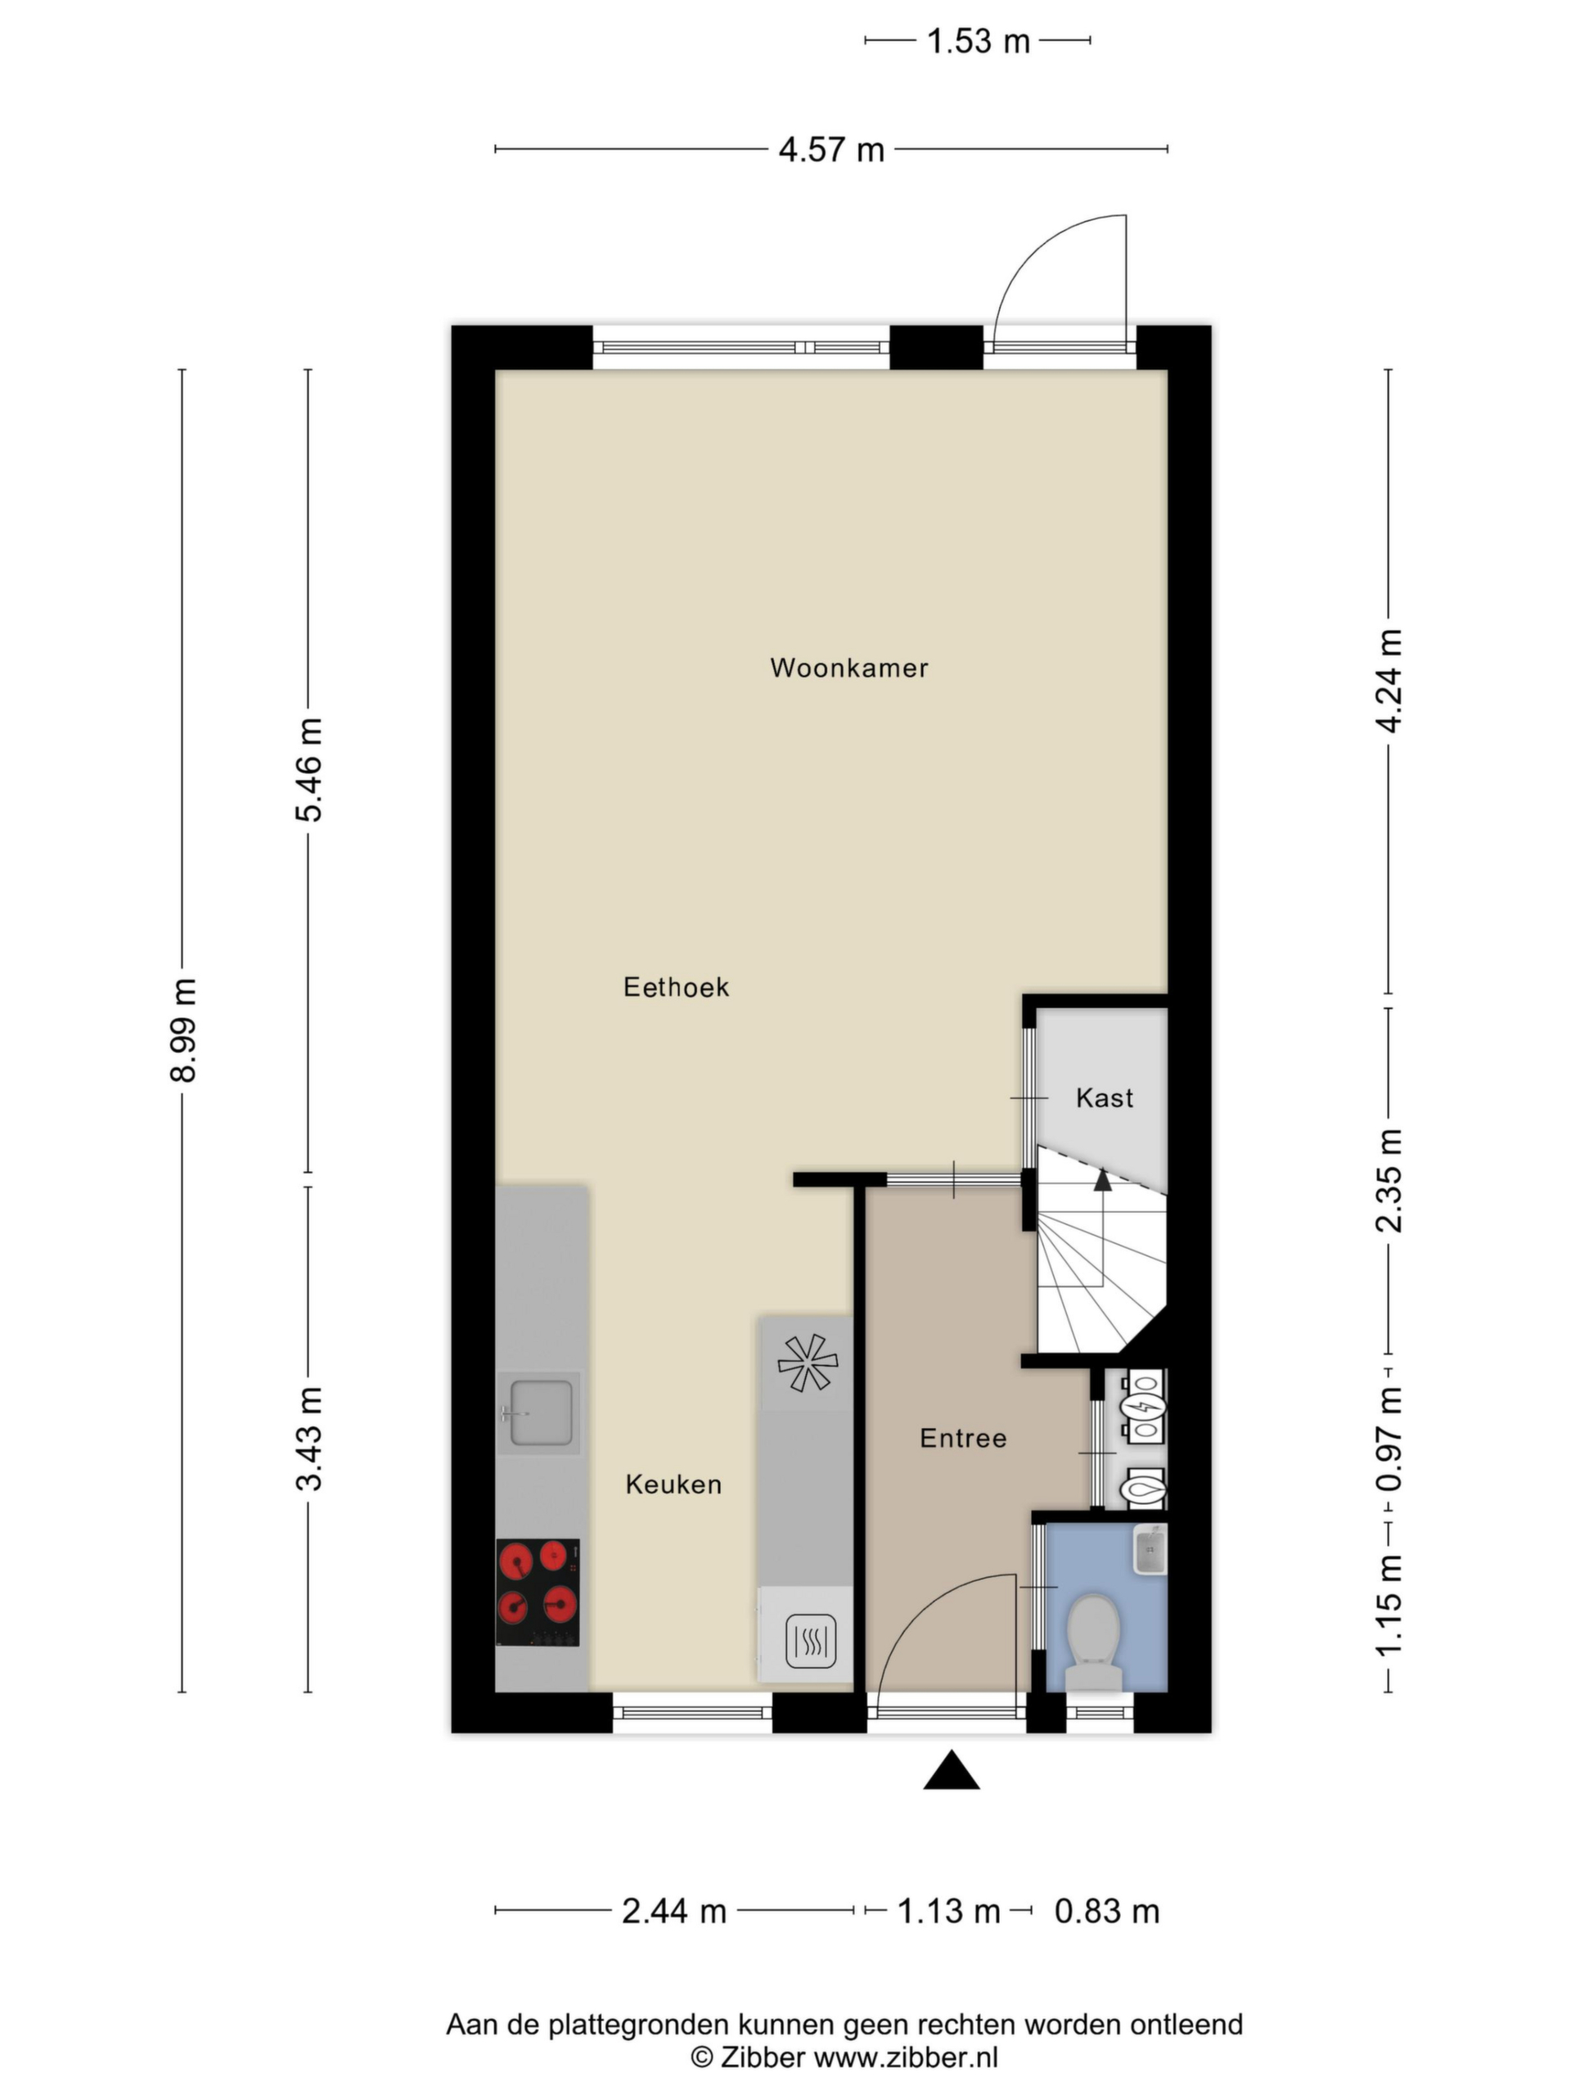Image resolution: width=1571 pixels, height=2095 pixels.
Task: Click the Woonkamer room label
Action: pos(849,668)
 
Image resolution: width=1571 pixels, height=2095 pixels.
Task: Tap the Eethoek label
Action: pos(676,987)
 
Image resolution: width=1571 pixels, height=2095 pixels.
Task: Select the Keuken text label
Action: pos(673,1485)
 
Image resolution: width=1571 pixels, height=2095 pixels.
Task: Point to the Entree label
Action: pos(963,1438)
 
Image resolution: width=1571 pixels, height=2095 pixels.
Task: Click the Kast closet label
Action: pos(1104,1097)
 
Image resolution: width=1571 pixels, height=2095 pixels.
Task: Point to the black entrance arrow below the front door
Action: pos(951,1769)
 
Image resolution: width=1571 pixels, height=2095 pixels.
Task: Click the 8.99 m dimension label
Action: pos(182,1030)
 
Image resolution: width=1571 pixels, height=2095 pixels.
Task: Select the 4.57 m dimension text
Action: pos(831,150)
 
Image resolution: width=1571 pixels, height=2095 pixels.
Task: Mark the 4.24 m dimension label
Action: pos(1389,680)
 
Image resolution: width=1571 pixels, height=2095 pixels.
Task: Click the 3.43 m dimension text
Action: pos(308,1438)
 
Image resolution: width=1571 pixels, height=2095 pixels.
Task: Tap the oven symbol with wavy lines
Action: pos(811,1642)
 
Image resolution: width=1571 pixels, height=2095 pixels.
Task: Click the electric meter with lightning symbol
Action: pos(1144,1408)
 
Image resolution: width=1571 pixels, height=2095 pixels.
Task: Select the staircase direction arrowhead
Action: pos(1101,1179)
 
